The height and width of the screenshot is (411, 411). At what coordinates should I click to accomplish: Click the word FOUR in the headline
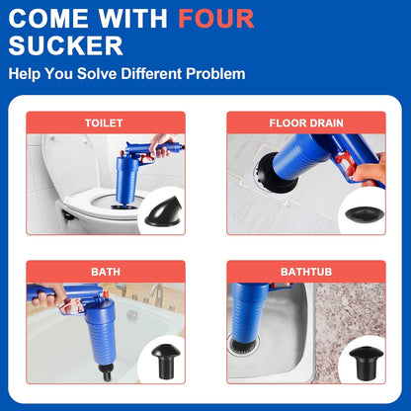(x=216, y=18)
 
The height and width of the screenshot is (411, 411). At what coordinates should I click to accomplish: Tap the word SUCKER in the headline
(x=66, y=44)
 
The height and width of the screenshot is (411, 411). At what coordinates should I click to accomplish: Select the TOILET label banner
(x=104, y=123)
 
